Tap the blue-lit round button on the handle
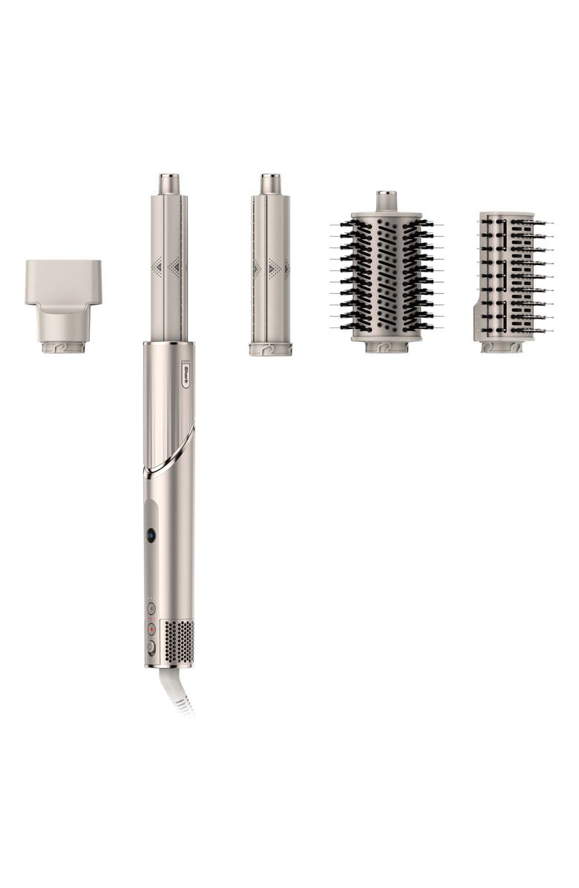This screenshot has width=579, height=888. click(x=151, y=535)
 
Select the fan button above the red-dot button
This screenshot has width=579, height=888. click(x=151, y=607)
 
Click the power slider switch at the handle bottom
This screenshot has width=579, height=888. click(x=151, y=647)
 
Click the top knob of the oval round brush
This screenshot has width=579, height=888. click(x=386, y=200)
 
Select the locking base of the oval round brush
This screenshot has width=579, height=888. click(x=386, y=346)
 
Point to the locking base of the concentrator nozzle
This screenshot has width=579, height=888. click(x=63, y=347)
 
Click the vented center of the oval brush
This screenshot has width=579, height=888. click(x=386, y=275)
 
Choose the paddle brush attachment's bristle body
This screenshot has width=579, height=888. click(x=512, y=275)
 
